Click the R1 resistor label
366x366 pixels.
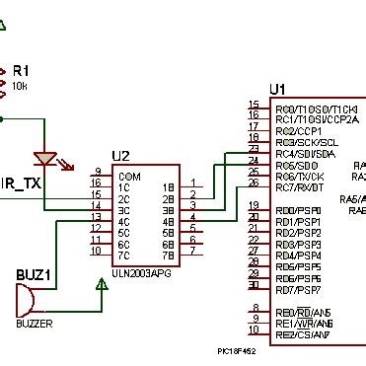[x=21, y=71]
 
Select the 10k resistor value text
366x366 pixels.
[x=20, y=86]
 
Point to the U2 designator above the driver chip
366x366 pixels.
[x=121, y=156]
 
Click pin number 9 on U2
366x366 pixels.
[x=96, y=171]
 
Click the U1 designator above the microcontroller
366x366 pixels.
[x=278, y=88]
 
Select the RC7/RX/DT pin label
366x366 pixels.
[x=301, y=187]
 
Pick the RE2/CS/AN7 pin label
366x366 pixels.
[x=304, y=334]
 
